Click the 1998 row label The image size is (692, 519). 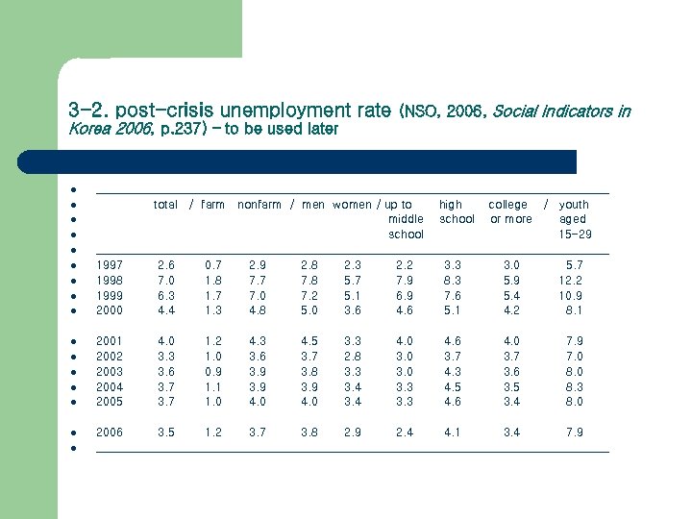(109, 280)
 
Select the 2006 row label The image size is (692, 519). (109, 432)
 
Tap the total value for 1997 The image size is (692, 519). (165, 264)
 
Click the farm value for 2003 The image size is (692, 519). (213, 371)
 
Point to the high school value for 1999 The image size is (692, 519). (453, 295)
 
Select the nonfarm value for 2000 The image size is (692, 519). (258, 310)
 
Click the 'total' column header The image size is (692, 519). (165, 205)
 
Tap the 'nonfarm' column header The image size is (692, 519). (259, 205)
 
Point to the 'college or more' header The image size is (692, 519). (509, 211)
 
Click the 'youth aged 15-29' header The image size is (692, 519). (575, 219)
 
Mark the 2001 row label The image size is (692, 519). (109, 340)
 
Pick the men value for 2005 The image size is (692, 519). (309, 402)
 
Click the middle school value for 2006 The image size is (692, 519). (406, 432)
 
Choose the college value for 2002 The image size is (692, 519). (512, 356)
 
